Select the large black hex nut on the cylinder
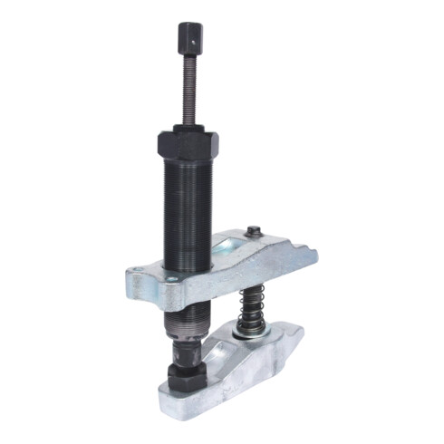(x=191, y=145)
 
